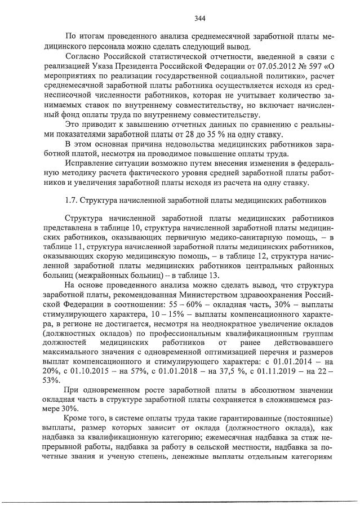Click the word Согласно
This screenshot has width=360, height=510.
point(83,58)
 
